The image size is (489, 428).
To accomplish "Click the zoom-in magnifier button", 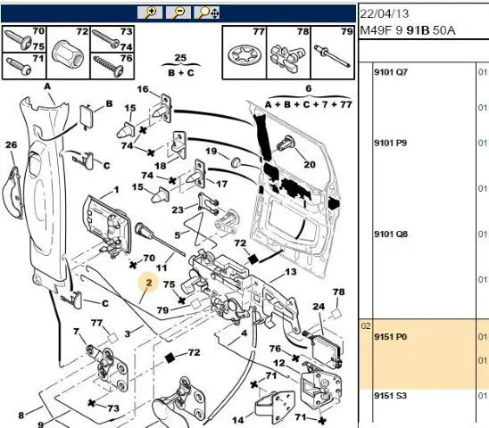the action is (x=150, y=12).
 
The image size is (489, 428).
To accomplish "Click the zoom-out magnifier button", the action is (x=178, y=12).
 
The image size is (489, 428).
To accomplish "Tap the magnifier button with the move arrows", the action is (x=207, y=12).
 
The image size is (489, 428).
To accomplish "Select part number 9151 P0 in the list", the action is (x=391, y=337).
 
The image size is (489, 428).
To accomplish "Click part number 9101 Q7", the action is (x=391, y=72).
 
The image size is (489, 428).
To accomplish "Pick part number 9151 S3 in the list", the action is (x=391, y=396).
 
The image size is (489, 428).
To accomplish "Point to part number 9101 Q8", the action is (x=391, y=235).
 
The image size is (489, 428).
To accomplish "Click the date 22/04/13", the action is (x=385, y=13).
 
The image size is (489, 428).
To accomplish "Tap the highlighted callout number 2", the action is (x=149, y=283).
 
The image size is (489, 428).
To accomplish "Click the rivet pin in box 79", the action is (x=332, y=56).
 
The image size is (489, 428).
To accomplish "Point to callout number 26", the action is (x=12, y=144).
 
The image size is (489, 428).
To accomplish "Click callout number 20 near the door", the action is (x=310, y=164).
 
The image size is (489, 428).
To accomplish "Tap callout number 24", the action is (x=319, y=307).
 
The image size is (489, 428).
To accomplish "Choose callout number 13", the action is (x=291, y=272).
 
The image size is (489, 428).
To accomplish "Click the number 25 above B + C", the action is (x=180, y=58).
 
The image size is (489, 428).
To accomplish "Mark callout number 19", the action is (x=211, y=152).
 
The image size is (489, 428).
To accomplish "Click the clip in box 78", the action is (x=287, y=58).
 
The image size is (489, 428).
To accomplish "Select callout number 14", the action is (x=238, y=420).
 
